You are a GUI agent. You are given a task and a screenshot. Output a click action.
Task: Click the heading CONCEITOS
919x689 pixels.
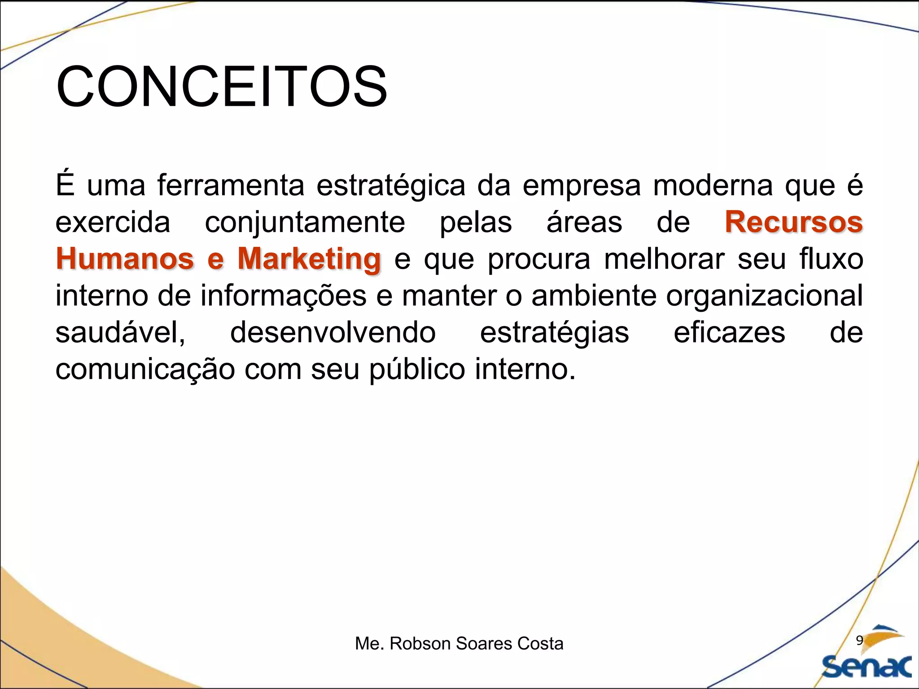221,87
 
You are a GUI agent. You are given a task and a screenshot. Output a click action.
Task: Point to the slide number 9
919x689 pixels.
859,641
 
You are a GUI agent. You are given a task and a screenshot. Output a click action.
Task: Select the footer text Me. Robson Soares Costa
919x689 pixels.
459,644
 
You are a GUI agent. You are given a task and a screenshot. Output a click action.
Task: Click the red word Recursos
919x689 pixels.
793,222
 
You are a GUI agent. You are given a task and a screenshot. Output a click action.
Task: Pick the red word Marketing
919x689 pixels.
309,260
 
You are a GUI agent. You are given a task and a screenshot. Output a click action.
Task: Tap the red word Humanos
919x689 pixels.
125,259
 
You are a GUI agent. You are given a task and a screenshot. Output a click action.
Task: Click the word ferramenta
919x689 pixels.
231,185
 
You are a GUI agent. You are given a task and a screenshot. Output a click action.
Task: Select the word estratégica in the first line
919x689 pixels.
391,186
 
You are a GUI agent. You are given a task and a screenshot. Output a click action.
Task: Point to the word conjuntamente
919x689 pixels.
305,223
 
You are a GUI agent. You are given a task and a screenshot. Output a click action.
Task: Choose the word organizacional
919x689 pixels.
764,296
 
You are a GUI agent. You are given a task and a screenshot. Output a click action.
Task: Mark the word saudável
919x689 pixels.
120,333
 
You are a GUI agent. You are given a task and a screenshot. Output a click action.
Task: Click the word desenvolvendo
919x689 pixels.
333,332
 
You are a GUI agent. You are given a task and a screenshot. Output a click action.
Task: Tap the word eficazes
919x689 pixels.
729,332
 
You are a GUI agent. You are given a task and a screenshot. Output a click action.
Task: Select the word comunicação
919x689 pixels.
145,370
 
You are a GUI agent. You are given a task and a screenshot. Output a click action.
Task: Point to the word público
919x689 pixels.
417,370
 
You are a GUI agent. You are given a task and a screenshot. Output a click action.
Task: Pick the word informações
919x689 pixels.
283,296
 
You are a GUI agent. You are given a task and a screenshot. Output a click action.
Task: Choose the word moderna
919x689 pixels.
713,185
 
